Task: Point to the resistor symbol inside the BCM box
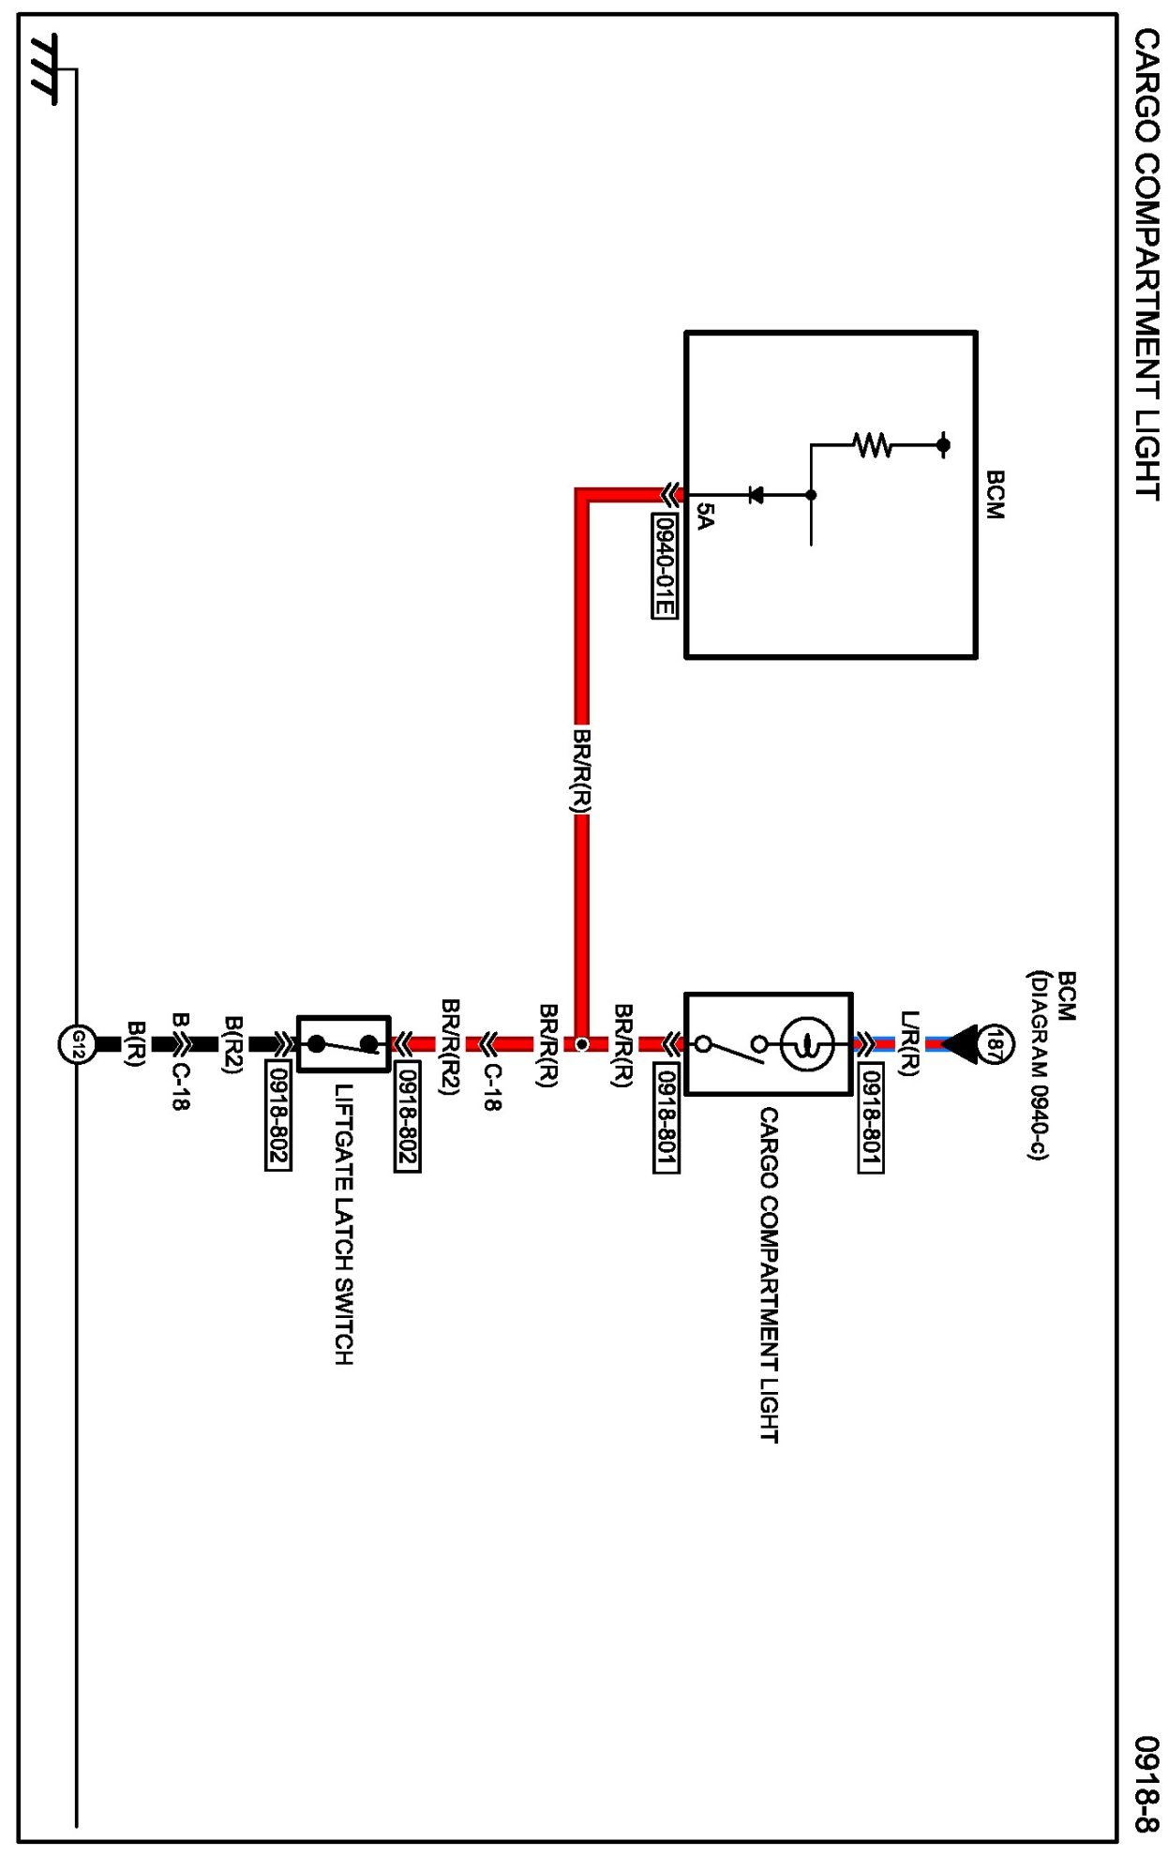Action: click(x=873, y=444)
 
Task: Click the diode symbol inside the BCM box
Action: click(x=756, y=494)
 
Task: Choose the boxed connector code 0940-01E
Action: click(x=664, y=566)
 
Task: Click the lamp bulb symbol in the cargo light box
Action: click(x=807, y=1042)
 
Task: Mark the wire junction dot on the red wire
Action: click(x=581, y=1043)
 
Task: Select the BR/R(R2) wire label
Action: click(x=451, y=1046)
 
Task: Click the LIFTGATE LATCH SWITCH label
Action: click(x=344, y=1224)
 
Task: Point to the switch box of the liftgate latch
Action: click(x=343, y=1043)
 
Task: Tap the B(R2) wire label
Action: click(x=234, y=1043)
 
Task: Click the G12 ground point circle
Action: click(x=78, y=1043)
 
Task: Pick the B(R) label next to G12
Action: click(x=137, y=1043)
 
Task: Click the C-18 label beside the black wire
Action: click(x=180, y=1087)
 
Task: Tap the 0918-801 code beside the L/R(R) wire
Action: click(x=871, y=1119)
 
